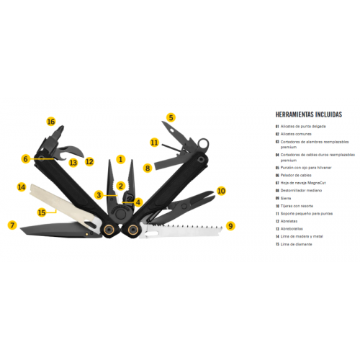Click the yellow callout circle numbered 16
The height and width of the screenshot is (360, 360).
tap(51, 122)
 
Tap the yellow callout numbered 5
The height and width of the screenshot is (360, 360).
tap(171, 117)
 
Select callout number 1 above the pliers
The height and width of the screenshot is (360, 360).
tap(121, 159)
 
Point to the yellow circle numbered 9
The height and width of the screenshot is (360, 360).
tap(230, 225)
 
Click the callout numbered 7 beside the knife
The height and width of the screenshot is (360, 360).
tap(12, 225)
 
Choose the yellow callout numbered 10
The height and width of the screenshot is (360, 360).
tap(221, 191)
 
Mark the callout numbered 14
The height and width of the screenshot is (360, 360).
tap(22, 187)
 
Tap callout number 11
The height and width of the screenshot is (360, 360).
tap(154, 143)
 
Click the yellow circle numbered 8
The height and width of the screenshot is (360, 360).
tap(148, 168)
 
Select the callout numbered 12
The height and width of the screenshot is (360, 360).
tap(89, 162)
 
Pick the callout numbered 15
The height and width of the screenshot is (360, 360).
tap(42, 212)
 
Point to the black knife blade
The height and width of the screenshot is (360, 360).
tap(54, 230)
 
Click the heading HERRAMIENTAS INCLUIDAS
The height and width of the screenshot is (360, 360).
tap(309, 114)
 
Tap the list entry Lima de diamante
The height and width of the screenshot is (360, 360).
tap(295, 244)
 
